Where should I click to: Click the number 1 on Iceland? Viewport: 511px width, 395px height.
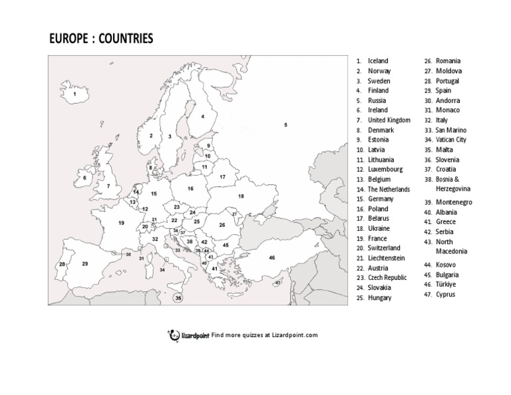[75, 94]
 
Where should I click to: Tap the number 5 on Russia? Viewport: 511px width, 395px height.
[285, 125]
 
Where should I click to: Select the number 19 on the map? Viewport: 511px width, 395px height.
[122, 223]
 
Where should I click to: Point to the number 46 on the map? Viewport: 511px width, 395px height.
[271, 257]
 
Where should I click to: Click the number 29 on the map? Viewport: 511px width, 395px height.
[85, 264]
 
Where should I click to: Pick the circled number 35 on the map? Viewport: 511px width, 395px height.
[178, 299]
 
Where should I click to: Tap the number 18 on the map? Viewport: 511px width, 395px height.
[241, 196]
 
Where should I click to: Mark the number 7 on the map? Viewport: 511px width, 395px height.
[108, 186]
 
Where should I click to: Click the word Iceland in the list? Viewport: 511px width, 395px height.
[377, 61]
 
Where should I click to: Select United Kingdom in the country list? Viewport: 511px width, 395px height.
[389, 120]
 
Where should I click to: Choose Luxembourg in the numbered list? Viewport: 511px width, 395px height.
[385, 170]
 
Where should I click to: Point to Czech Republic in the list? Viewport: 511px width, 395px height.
[388, 278]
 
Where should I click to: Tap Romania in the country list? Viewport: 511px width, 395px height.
[448, 61]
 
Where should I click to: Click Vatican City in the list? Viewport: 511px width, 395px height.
[450, 140]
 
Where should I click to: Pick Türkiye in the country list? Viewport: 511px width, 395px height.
[446, 284]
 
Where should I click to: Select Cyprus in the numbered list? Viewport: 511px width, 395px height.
[445, 294]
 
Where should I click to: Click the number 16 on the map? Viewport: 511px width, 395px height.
[190, 188]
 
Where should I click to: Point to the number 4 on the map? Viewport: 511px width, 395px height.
[203, 116]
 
